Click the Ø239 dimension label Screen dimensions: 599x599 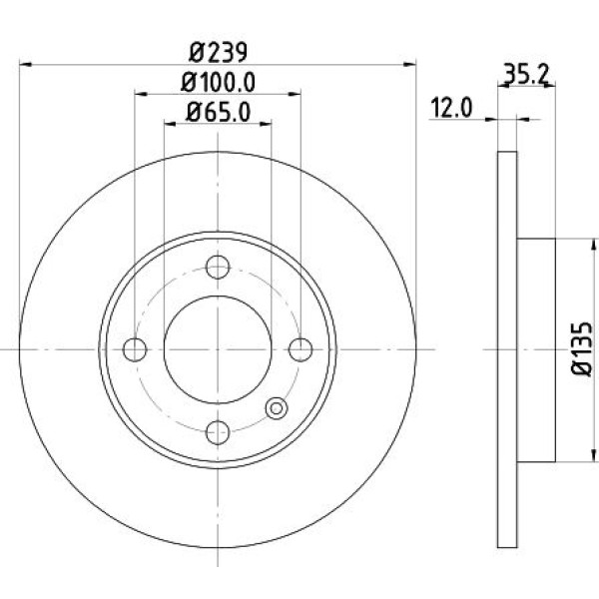tap(218, 52)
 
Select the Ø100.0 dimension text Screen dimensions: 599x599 tap(218, 82)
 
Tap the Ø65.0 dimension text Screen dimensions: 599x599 tap(218, 112)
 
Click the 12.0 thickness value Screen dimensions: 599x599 tap(451, 108)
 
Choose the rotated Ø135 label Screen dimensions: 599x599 tap(583, 348)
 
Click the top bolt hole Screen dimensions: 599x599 tap(218, 267)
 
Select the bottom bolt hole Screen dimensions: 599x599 tap(218, 432)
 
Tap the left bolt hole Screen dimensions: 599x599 tap(135, 349)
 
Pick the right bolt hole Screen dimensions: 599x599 tap(300, 349)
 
